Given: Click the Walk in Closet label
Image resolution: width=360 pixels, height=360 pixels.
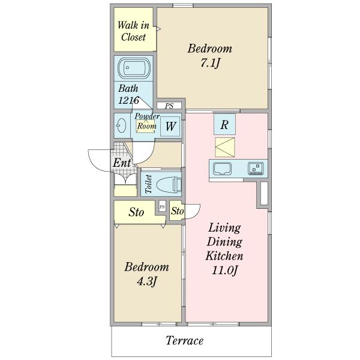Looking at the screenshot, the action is [x=133, y=31].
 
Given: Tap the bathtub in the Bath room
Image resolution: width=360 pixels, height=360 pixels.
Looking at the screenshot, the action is [x=134, y=68].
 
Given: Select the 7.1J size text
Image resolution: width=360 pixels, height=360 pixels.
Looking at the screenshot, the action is [x=211, y=63].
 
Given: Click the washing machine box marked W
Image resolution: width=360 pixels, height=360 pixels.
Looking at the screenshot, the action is [x=170, y=127].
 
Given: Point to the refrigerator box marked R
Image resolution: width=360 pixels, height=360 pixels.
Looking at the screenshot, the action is [x=224, y=124].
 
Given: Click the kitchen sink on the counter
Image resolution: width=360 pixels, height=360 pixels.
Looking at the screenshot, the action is [x=222, y=169].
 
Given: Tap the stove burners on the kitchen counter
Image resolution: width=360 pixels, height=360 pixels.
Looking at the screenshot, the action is [x=256, y=169].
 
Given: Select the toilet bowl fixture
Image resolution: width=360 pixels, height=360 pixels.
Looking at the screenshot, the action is [x=169, y=184].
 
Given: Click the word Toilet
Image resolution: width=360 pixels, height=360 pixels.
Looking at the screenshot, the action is [x=149, y=184].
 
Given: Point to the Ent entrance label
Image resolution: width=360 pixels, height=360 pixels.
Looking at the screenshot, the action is [x=122, y=163].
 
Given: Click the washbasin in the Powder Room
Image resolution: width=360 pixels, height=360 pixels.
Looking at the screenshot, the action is [x=121, y=125].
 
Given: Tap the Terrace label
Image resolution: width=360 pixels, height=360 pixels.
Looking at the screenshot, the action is [x=185, y=340].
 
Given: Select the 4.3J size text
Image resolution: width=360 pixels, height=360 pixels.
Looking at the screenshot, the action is [x=147, y=281].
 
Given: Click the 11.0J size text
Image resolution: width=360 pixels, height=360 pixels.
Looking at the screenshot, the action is [x=224, y=270].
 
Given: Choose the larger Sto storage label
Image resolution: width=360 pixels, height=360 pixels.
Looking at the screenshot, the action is [x=136, y=212].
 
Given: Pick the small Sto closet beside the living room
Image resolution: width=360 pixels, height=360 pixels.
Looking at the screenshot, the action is [x=178, y=211].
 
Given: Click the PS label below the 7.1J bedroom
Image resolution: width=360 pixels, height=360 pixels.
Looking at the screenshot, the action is [x=169, y=106].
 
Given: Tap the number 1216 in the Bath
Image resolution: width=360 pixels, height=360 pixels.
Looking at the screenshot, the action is [x=128, y=101].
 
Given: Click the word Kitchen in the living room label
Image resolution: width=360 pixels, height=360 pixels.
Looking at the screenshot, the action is [x=224, y=256].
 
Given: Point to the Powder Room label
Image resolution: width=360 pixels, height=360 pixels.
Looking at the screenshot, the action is [x=147, y=121].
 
